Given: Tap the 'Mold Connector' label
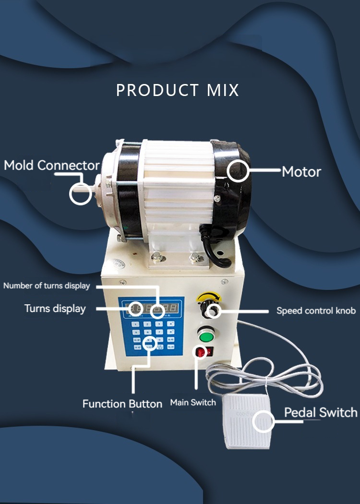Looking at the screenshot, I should tap(51, 166).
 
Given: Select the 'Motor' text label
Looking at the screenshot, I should tap(301, 171).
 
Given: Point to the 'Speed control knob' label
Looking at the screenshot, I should tap(316, 311).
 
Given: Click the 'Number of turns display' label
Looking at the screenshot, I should tap(47, 286).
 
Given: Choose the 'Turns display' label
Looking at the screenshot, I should tap(55, 308).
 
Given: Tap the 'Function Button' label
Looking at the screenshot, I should tap(122, 404).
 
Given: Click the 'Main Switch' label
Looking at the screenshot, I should tap(193, 402).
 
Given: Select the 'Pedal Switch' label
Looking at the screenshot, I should tap(321, 413).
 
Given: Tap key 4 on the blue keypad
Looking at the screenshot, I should tap(136, 332).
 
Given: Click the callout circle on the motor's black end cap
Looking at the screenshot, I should tap(239, 171).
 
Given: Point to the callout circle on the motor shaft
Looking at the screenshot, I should tap(80, 194).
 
